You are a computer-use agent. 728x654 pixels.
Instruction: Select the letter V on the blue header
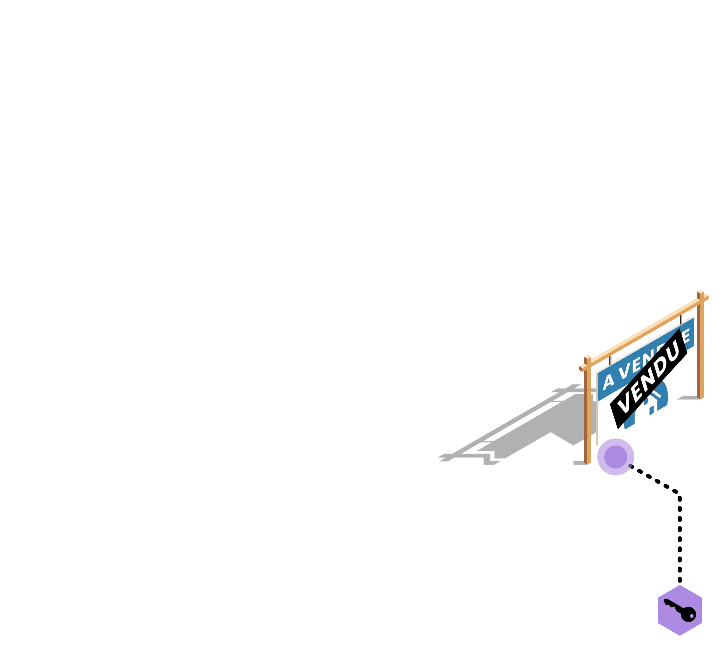tap(624, 370)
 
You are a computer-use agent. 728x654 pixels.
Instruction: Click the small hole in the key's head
tap(691, 616)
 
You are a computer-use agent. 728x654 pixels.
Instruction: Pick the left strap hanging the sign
tap(610, 359)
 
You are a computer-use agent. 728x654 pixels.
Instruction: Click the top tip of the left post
tap(587, 357)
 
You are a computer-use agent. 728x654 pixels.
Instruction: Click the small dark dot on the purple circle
tap(630, 466)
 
